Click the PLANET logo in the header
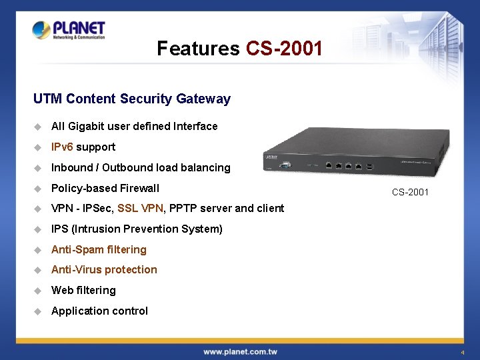(x=69, y=31)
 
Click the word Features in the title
(x=198, y=49)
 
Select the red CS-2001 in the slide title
(x=284, y=49)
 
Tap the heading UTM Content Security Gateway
(x=132, y=99)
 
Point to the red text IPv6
(x=62, y=147)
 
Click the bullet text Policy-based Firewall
(x=105, y=188)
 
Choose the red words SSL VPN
(x=140, y=209)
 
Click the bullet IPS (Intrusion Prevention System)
(x=137, y=229)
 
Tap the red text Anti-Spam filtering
(x=99, y=250)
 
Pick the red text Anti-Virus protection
(x=104, y=270)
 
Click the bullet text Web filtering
(x=83, y=291)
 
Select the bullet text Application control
(x=99, y=311)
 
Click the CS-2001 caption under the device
(x=410, y=193)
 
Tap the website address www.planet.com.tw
(x=240, y=352)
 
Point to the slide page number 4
(x=461, y=352)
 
